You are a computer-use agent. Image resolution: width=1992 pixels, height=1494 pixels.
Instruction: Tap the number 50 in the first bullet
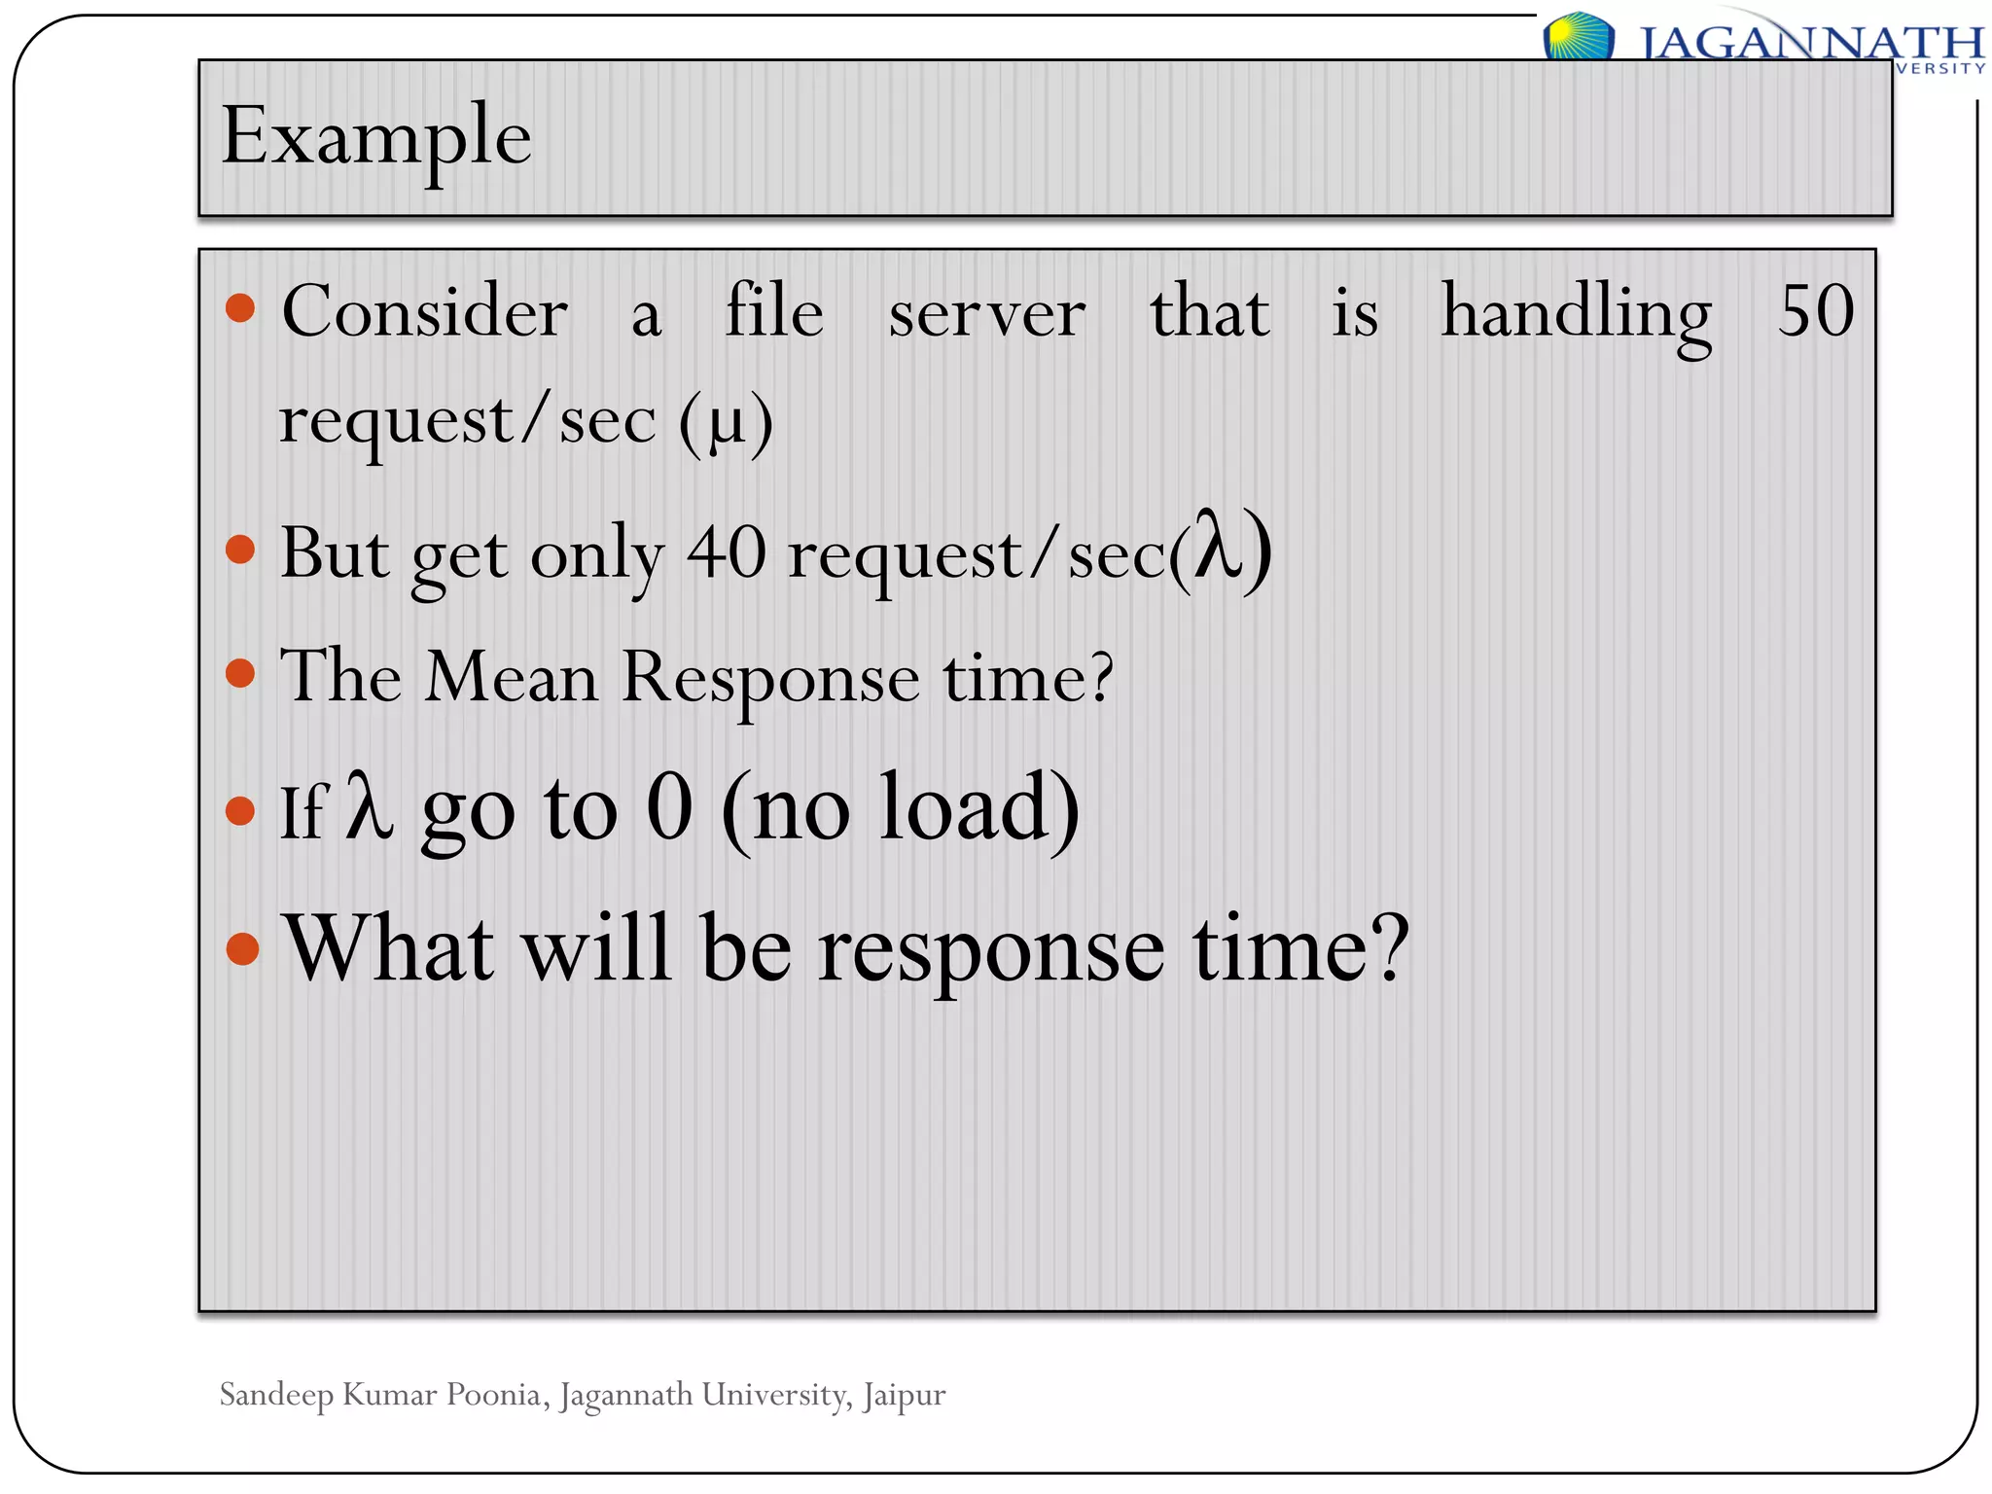(x=1815, y=312)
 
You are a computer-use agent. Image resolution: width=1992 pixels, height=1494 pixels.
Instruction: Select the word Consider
(x=425, y=312)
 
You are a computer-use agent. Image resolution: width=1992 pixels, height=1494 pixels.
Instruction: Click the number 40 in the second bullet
(x=727, y=553)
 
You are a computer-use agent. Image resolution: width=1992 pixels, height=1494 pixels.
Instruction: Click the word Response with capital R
(x=770, y=678)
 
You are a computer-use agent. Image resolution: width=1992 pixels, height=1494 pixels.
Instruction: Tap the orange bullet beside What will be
(x=242, y=948)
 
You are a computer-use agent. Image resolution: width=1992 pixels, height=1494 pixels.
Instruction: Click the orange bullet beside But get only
(x=240, y=551)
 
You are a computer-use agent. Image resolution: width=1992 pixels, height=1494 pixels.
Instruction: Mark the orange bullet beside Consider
(x=240, y=309)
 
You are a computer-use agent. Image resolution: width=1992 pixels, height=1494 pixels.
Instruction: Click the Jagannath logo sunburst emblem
(x=1578, y=37)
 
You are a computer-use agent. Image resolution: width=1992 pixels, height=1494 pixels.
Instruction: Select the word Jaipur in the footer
(x=904, y=1396)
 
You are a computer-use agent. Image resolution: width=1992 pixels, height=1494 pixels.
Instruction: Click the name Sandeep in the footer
(x=276, y=1396)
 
